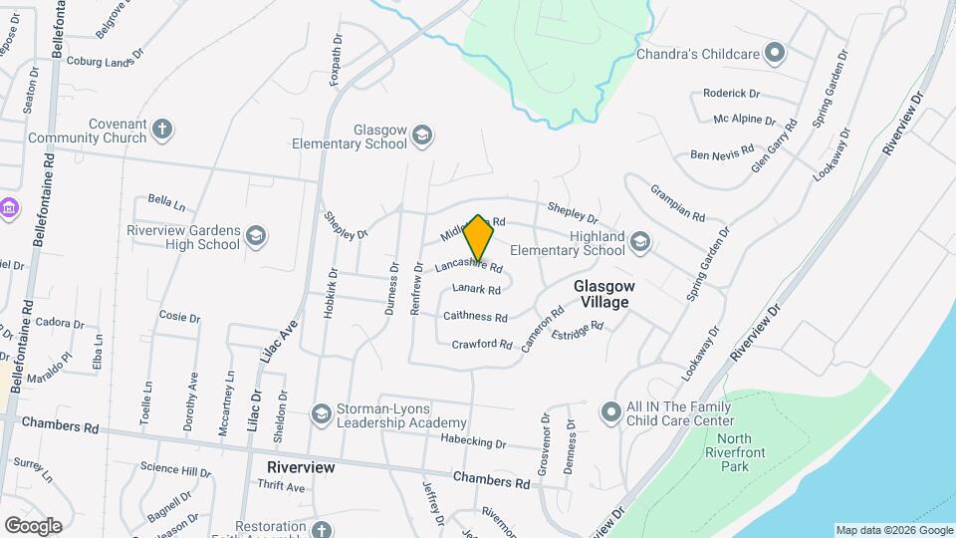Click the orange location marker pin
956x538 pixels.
point(479,237)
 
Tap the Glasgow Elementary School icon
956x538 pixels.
point(422,135)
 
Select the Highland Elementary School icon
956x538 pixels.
point(640,242)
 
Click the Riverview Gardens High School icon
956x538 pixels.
point(256,236)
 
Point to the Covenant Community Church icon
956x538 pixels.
point(162,129)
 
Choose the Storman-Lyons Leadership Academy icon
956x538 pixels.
point(321,413)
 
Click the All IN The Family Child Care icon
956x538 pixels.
point(610,411)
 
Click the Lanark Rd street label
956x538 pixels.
point(475,289)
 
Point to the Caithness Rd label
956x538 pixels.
point(475,317)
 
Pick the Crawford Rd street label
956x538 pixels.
point(482,345)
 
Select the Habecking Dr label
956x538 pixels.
point(473,443)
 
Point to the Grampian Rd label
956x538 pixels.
point(678,202)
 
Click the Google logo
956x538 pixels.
point(33,525)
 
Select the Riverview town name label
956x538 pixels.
point(300,466)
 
